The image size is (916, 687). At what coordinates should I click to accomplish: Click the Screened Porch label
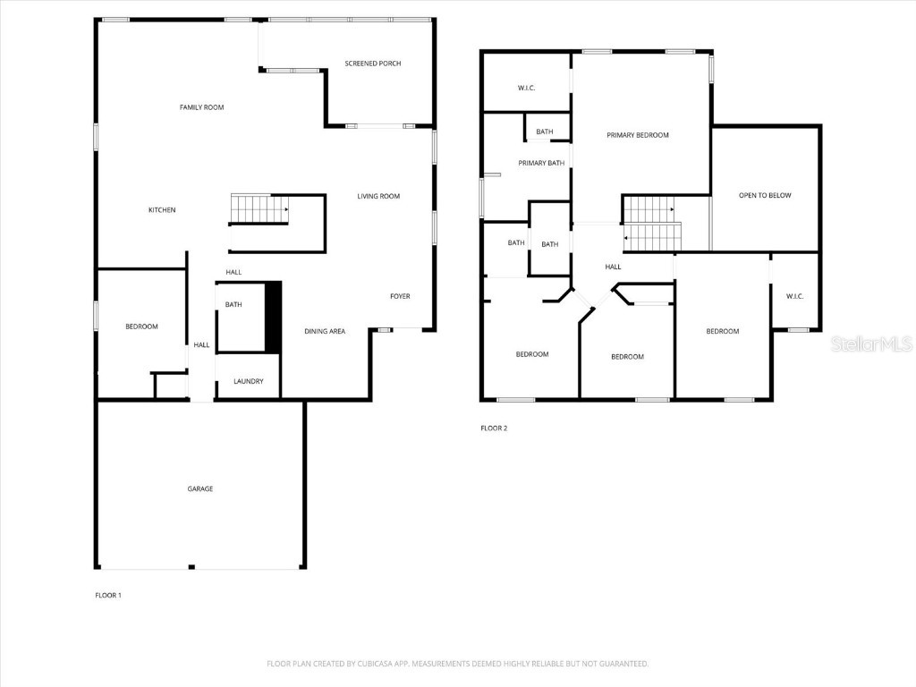click(x=372, y=64)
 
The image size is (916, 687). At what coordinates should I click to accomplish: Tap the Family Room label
click(x=201, y=107)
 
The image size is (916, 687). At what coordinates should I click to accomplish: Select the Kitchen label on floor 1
click(x=162, y=210)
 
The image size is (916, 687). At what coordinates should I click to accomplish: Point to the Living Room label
click(x=378, y=196)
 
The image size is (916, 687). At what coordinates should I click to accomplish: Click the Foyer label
click(x=400, y=296)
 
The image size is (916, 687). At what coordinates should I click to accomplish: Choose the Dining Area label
click(x=325, y=331)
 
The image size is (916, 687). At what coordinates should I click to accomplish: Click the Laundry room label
click(x=248, y=381)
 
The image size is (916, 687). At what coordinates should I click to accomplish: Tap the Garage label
click(x=199, y=489)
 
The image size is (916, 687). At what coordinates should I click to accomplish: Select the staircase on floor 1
click(x=259, y=209)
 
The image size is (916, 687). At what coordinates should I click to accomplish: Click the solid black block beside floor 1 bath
click(x=274, y=317)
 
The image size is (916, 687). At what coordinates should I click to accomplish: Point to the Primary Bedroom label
click(x=637, y=135)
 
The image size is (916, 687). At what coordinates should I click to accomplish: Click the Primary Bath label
click(x=541, y=163)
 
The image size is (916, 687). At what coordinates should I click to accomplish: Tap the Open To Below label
click(x=764, y=195)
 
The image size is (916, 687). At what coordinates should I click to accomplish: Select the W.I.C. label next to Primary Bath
click(x=526, y=88)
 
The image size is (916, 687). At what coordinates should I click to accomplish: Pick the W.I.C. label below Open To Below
click(x=794, y=296)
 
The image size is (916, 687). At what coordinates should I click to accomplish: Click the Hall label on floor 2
click(x=613, y=267)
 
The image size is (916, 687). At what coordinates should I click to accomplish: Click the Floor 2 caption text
click(x=494, y=428)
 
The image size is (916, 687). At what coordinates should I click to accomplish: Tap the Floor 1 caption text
click(x=108, y=595)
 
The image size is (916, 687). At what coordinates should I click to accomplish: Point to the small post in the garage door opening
click(x=191, y=566)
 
